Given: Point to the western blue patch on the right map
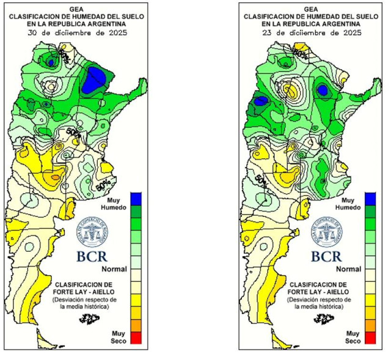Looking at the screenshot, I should pos(262,101).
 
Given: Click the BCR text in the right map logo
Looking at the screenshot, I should pos(326,255).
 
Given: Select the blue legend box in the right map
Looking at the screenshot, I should pos(370,197).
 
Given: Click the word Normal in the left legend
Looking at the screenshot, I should pos(114,269).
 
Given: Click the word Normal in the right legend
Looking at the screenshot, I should pos(348,269).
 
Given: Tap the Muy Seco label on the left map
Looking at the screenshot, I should pos(119,336).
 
